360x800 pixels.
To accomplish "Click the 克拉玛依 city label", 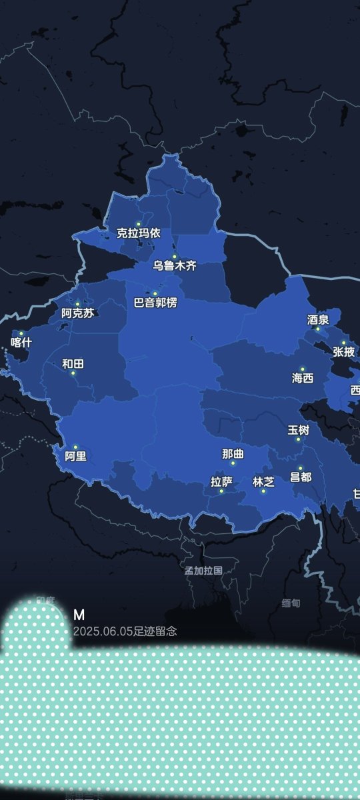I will (139, 233).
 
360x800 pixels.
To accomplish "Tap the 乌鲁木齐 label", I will (175, 266).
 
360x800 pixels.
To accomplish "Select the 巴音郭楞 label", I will (155, 303).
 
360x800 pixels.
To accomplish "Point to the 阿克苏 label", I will (77, 313).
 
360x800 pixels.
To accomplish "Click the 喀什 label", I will (21, 343).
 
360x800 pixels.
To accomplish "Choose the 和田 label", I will (73, 364).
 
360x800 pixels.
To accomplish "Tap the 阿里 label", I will (75, 457).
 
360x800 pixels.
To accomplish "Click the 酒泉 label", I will (318, 320).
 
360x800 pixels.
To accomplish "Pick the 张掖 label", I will (344, 351).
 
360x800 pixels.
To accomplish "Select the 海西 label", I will (302, 379).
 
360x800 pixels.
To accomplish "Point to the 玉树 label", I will (298, 430).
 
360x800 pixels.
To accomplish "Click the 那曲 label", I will (233, 454).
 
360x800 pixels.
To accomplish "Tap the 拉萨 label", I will (221, 481).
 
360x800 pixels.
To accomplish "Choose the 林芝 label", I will (263, 481).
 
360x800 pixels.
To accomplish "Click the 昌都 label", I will (300, 477).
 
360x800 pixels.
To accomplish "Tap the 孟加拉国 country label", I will (203, 571).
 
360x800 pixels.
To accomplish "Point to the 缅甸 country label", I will (291, 603).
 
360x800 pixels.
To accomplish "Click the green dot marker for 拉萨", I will (221, 491).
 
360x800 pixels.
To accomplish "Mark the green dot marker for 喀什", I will (21, 333).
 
